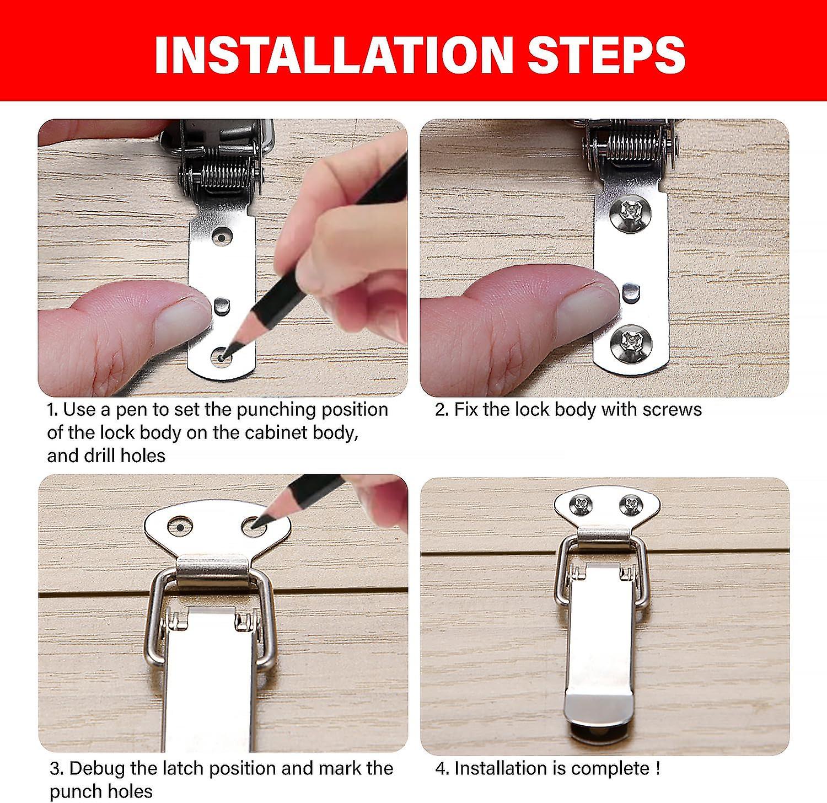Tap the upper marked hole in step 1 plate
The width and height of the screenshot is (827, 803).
pyautogui.click(x=222, y=238)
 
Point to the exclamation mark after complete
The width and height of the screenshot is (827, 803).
pyautogui.click(x=658, y=768)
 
